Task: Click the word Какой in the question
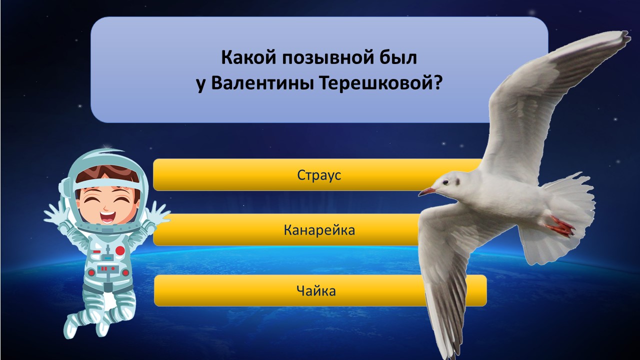point(249,57)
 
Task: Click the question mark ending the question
point(436,83)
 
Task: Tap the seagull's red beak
point(427,191)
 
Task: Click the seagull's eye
point(445,182)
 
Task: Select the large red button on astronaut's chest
point(120,250)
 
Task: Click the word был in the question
point(401,57)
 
